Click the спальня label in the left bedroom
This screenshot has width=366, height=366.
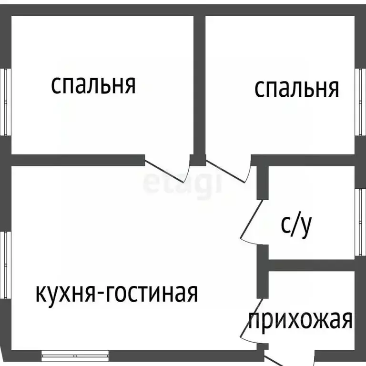[x=93, y=85]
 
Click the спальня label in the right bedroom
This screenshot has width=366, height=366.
[x=296, y=89]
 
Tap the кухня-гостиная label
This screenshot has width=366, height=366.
[x=117, y=293]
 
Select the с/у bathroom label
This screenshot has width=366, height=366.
[x=296, y=226]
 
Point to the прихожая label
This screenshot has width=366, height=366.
[x=300, y=320]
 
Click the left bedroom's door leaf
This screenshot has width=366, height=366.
[x=164, y=171]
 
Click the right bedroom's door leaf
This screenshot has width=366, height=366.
[x=225, y=172]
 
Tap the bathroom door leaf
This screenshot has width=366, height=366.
[x=252, y=219]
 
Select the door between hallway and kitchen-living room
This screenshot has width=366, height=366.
[x=252, y=318]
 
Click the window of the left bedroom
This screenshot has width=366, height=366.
[x=5, y=102]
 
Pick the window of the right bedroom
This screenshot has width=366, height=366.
[x=360, y=102]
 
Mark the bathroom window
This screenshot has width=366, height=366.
[x=360, y=222]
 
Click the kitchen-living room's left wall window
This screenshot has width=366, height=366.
[x=5, y=265]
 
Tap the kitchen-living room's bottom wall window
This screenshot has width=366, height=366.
[x=75, y=356]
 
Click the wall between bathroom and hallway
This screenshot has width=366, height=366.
[x=312, y=265]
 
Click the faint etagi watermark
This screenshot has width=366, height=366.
[x=182, y=183]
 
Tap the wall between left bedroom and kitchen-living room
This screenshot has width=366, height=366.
[x=78, y=160]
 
